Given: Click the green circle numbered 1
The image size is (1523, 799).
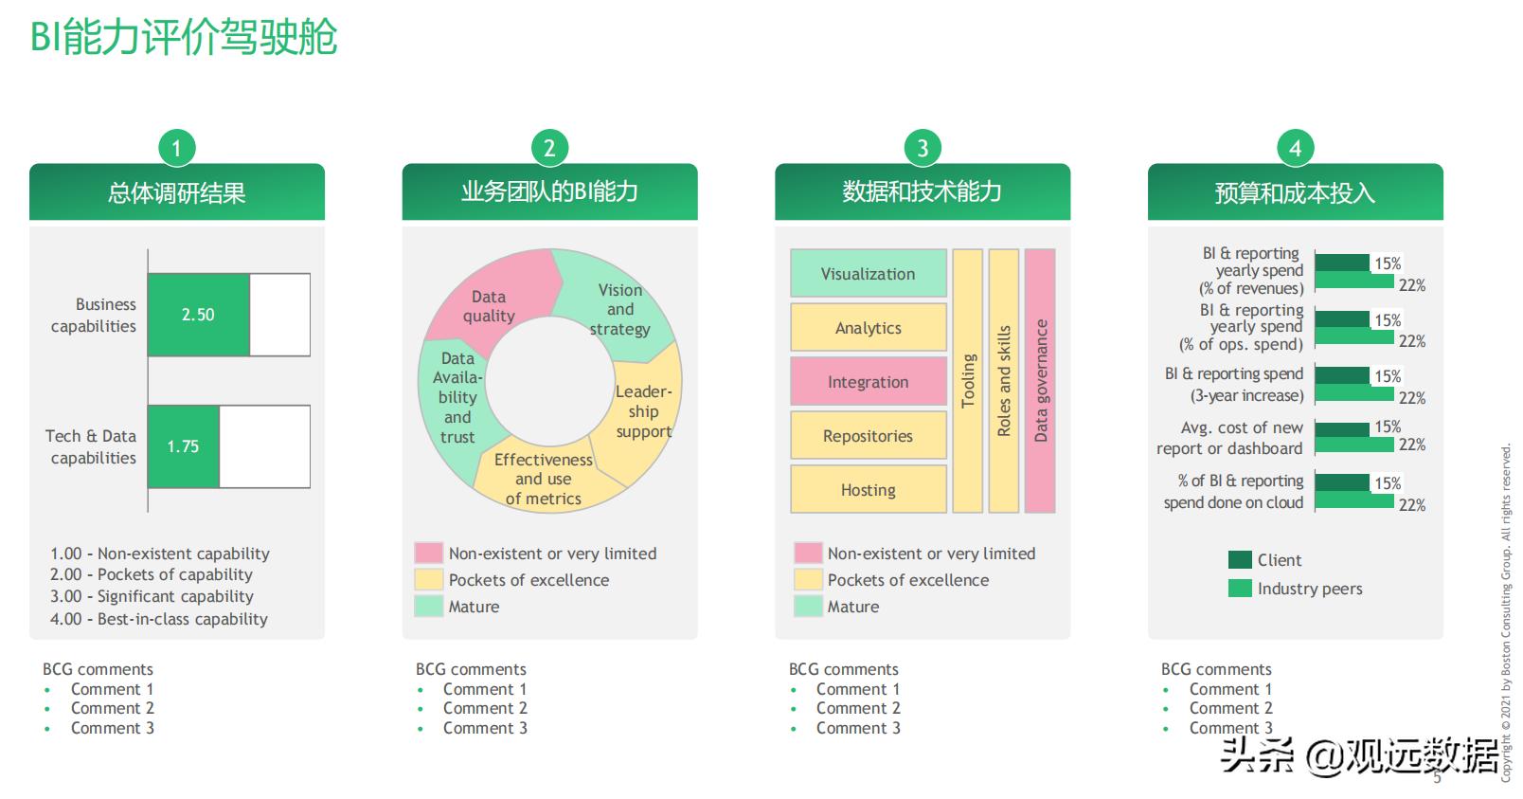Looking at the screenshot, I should (176, 148).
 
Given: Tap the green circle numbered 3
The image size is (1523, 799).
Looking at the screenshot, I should (922, 148).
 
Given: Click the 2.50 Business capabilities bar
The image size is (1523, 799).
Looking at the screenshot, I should (198, 315).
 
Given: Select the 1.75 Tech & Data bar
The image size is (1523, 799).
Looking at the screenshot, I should (183, 446).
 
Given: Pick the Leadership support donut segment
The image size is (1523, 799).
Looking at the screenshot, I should (644, 411).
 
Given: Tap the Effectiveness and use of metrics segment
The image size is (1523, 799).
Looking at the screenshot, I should (543, 479).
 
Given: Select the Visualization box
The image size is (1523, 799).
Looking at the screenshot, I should (868, 274).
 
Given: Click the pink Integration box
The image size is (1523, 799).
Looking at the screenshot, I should (868, 382).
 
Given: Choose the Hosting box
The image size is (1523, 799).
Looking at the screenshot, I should (868, 490).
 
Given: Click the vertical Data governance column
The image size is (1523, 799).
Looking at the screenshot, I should (1040, 381).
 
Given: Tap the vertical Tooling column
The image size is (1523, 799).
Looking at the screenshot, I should (967, 381).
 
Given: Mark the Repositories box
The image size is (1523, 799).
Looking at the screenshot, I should (868, 436).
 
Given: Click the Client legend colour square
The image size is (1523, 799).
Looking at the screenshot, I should (1240, 560).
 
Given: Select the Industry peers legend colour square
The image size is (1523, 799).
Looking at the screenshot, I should (1240, 589).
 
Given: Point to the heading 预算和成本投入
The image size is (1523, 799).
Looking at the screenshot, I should (1295, 193).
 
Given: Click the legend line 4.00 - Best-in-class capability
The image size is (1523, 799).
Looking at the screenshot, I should (159, 619).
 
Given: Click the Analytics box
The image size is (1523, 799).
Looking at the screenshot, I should (868, 328).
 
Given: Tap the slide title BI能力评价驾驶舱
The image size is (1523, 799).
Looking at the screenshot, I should (184, 38).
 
